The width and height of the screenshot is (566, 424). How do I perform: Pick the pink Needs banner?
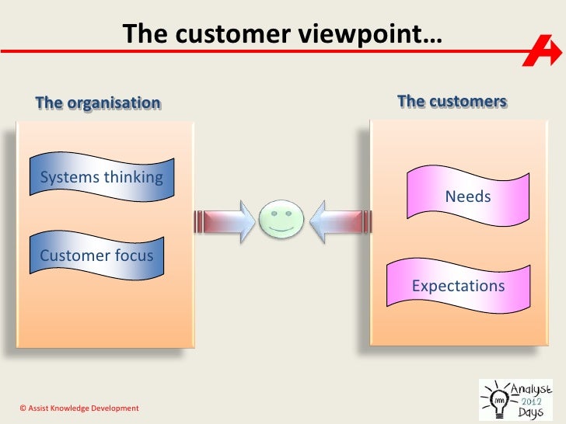[x=467, y=196]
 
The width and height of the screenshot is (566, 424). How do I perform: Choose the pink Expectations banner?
[x=458, y=286]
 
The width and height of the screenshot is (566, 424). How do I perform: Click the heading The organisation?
[x=98, y=103]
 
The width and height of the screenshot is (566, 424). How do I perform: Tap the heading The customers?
[x=452, y=102]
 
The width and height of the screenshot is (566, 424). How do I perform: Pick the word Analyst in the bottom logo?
[x=529, y=386]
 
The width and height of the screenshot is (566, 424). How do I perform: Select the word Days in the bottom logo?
[x=531, y=412]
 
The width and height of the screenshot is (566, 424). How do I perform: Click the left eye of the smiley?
[x=274, y=210]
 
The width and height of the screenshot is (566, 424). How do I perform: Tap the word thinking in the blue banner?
[x=133, y=177]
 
